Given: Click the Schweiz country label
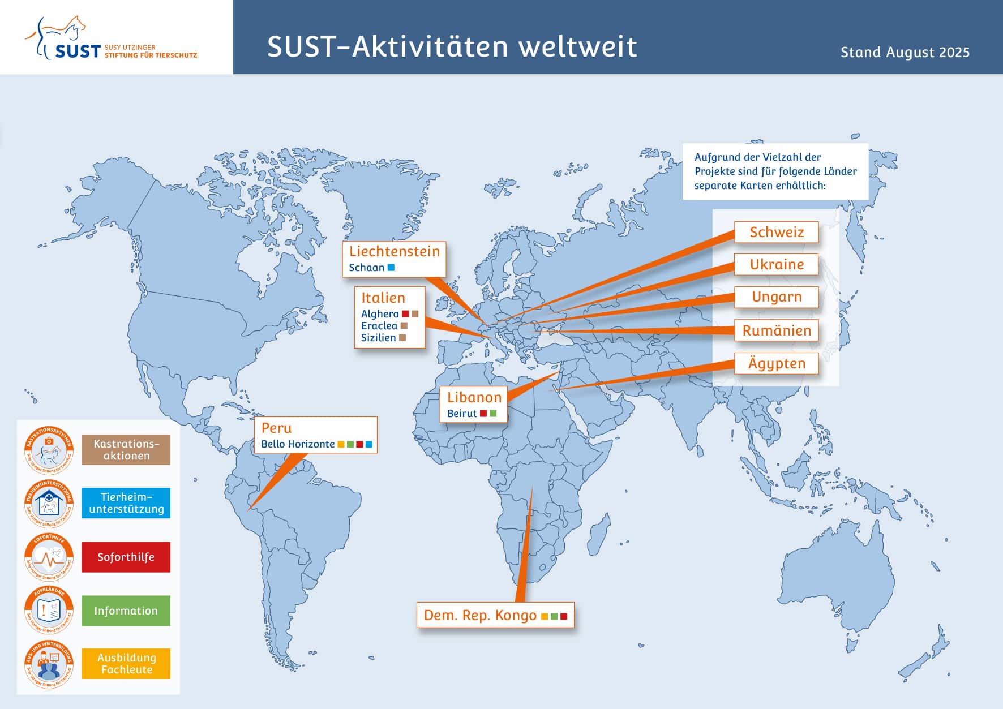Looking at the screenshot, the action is [x=776, y=232].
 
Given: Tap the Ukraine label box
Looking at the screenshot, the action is [x=776, y=264].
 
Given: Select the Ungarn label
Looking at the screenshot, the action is [x=776, y=297].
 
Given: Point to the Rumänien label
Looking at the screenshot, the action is [x=776, y=330].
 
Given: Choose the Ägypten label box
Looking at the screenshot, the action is [x=776, y=363].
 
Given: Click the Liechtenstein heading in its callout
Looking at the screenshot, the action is [x=394, y=251].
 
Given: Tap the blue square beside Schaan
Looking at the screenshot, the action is [x=391, y=267].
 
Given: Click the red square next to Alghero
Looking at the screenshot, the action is [x=405, y=313].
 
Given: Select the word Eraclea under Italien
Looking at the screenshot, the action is [x=379, y=326].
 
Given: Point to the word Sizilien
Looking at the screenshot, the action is [x=378, y=338].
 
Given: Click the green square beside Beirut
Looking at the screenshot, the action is [x=493, y=414].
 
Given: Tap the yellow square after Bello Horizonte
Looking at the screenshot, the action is [x=341, y=445].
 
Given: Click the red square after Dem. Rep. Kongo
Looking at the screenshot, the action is [x=564, y=616].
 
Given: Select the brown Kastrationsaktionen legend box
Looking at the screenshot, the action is [x=126, y=450].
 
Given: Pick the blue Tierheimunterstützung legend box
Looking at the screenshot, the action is [x=126, y=503].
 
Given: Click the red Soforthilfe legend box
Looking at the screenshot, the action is [x=126, y=557].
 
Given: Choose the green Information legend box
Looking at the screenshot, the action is [x=126, y=611].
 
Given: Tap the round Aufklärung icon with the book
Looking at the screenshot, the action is [x=49, y=610].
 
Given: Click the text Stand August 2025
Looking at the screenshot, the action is [x=905, y=53].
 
